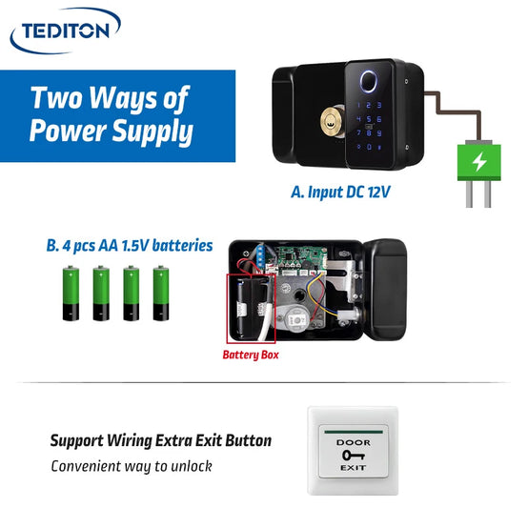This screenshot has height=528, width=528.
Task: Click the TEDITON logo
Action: coord(66,30)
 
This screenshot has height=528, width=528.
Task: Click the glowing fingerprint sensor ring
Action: coord(369,81)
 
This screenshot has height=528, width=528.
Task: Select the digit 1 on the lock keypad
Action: coord(359,105)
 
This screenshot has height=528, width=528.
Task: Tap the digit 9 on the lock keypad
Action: coord(379,133)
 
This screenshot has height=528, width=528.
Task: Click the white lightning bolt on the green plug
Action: coord(479,161)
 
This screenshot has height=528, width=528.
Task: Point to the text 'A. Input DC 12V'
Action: coord(340,193)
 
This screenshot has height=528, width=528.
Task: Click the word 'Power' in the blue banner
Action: coord(69,131)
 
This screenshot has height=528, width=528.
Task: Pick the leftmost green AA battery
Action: coord(71,293)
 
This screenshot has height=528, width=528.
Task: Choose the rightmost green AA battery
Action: coord(161,293)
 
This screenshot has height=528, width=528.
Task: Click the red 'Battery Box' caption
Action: coord(251,355)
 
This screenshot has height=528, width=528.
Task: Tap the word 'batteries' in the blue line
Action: coord(182,246)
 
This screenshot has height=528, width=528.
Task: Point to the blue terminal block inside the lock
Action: coord(260,256)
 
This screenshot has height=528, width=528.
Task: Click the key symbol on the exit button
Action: coord(354,456)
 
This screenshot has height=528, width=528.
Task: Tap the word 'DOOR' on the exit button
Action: coord(354,442)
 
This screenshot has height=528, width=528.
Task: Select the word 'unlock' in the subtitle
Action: coord(192,466)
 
